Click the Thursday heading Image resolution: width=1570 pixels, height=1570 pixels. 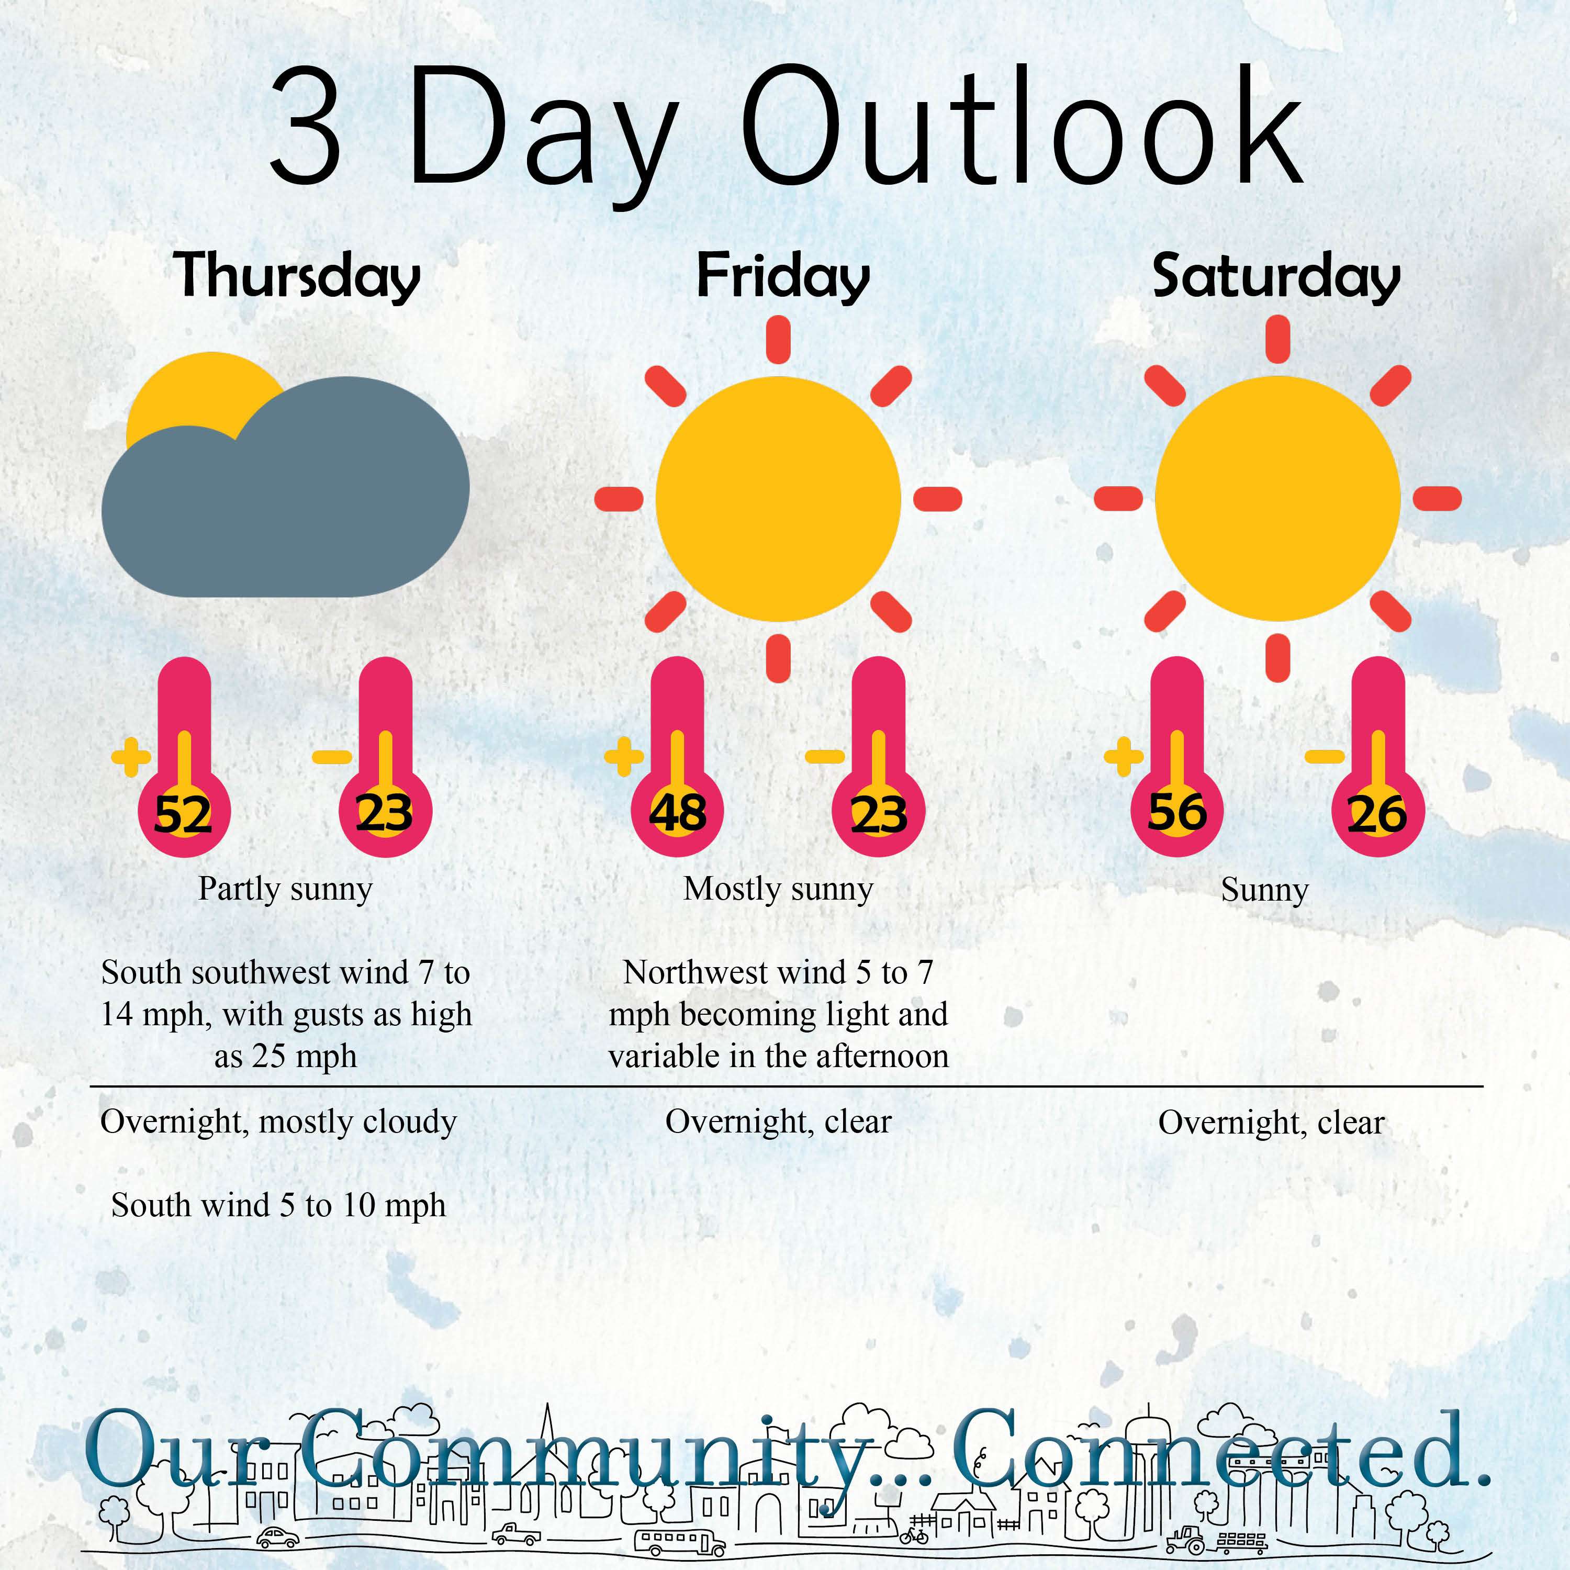click(297, 276)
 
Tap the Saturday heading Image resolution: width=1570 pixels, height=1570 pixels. click(1276, 276)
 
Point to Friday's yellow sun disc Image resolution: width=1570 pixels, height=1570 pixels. click(779, 499)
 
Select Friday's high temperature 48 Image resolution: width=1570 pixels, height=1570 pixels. click(677, 813)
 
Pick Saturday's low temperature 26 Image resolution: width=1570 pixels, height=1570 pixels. click(1377, 814)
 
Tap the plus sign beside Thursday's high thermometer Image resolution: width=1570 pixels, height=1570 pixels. click(131, 757)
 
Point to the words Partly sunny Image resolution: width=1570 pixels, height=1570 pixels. click(285, 889)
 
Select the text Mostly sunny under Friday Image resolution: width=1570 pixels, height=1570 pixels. click(779, 889)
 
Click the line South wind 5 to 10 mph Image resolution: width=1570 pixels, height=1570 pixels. click(279, 1205)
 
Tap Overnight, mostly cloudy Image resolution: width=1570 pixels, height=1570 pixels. click(279, 1122)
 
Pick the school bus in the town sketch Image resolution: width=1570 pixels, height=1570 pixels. click(679, 1541)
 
